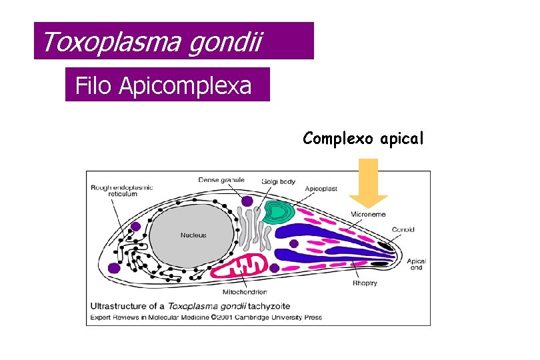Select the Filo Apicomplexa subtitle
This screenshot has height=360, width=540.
tap(164, 85)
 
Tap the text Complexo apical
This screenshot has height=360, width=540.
tap(363, 139)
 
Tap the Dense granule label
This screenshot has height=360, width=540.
tap(221, 179)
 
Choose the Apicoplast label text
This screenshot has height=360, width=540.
tap(321, 189)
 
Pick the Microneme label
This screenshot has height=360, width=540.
tap(368, 214)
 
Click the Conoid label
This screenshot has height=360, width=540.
tap(403, 230)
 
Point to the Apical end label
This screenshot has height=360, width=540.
tap(417, 264)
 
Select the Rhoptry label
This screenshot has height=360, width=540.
tap(365, 283)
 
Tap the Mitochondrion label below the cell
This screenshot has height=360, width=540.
tap(245, 292)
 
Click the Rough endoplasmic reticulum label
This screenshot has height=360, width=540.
tap(122, 191)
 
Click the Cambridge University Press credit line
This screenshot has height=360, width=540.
tap(206, 317)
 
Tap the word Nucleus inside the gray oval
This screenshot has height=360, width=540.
tap(193, 235)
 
